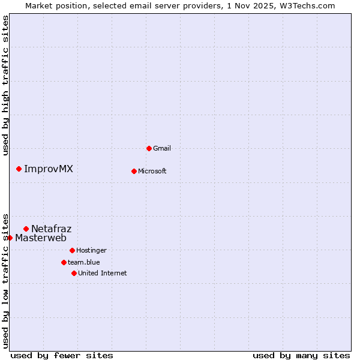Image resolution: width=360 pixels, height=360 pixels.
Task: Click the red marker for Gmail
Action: tap(149, 148)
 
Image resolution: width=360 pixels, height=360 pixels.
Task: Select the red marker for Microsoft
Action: tap(134, 171)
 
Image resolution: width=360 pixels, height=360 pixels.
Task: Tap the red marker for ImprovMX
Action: tap(19, 169)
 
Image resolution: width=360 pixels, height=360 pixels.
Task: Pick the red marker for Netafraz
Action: tap(26, 229)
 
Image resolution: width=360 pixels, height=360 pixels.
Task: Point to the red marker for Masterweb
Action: tap(10, 238)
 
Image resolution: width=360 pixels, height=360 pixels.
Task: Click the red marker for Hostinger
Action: tap(72, 250)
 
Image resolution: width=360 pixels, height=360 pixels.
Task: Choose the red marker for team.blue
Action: tap(64, 262)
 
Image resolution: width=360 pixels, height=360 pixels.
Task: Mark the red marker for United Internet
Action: tap(74, 273)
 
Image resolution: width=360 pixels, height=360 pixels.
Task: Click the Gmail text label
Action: tap(162, 148)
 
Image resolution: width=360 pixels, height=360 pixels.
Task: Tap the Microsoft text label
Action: tap(152, 171)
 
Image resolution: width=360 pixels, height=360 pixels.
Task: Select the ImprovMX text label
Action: tap(49, 169)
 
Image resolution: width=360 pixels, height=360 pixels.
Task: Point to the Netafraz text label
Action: tap(52, 229)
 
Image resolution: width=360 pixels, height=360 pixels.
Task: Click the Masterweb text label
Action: tap(41, 238)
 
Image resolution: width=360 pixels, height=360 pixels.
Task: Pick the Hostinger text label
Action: tap(91, 250)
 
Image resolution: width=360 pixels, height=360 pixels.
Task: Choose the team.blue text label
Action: tap(84, 262)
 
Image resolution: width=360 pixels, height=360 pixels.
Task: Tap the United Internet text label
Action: tap(103, 273)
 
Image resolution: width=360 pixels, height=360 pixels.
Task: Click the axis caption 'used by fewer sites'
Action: tap(62, 355)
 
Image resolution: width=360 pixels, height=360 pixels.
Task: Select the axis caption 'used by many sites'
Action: tap(301, 355)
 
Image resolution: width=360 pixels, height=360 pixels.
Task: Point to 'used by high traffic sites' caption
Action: tap(5, 85)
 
